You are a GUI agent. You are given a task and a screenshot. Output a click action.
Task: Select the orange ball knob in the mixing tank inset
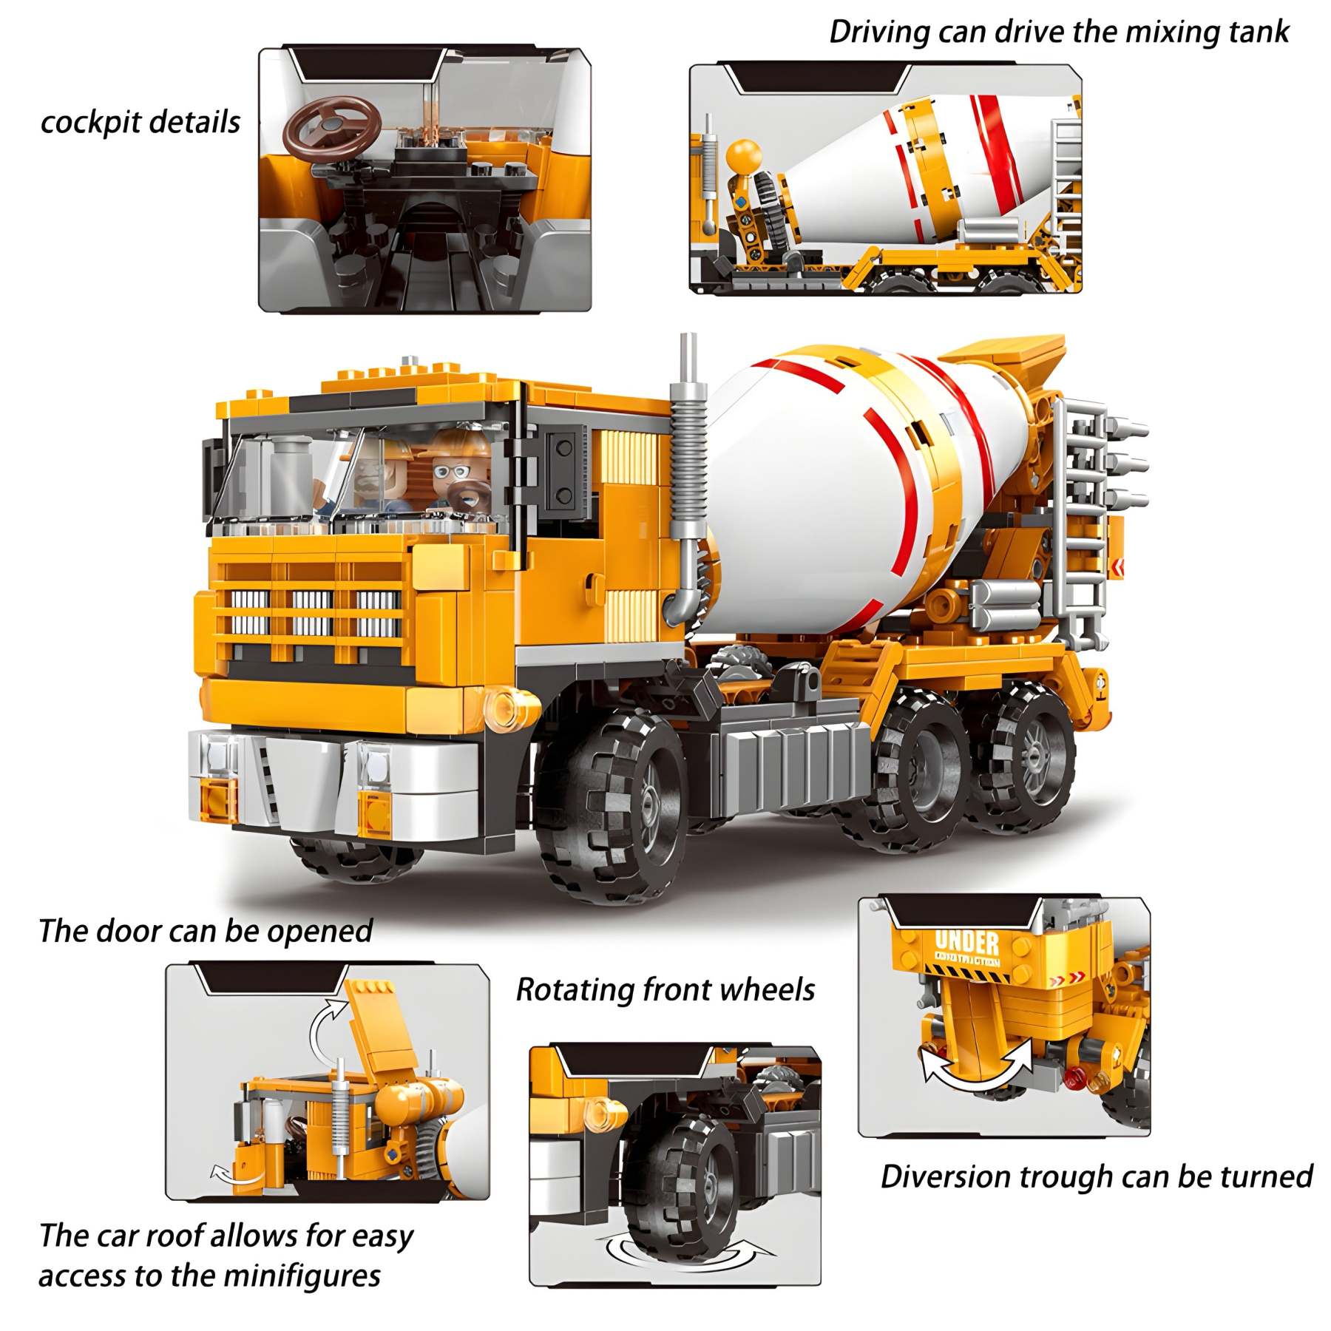[x=744, y=156]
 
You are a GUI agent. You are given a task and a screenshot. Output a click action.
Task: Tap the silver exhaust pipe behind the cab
[x=688, y=473]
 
